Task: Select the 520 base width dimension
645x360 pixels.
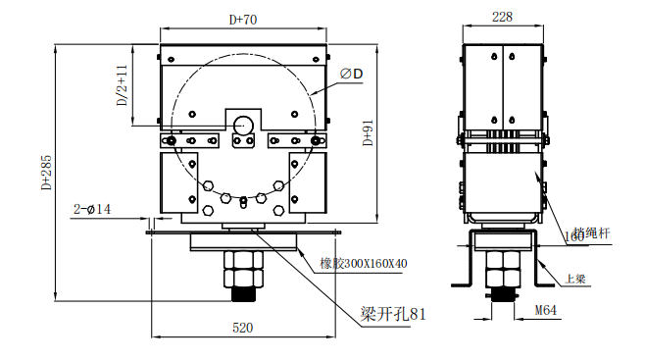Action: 242,326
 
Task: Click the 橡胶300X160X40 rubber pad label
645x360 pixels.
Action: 364,263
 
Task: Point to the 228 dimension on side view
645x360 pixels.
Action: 502,17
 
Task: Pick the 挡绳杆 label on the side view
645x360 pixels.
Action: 592,233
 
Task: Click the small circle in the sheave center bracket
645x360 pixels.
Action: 242,123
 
